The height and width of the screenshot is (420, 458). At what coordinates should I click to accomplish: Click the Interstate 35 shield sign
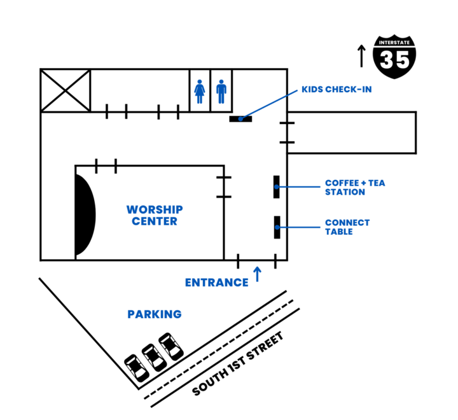click(394, 57)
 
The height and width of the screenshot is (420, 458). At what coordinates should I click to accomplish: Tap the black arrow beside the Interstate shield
click(361, 56)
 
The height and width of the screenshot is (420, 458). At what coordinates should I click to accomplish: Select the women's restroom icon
click(200, 92)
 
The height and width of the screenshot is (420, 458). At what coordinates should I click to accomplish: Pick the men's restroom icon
click(221, 92)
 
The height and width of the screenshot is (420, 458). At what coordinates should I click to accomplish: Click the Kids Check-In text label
click(337, 90)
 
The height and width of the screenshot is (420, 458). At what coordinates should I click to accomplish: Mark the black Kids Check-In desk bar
click(240, 118)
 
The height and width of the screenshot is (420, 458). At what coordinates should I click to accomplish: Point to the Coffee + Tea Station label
click(355, 187)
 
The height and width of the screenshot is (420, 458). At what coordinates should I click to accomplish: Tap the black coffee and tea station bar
click(276, 186)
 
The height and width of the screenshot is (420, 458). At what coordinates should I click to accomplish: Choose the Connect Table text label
click(347, 227)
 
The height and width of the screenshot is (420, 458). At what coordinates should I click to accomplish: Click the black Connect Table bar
click(277, 227)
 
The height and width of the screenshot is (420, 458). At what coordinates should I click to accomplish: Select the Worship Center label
click(155, 215)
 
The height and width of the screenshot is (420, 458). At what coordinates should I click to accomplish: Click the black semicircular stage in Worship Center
click(85, 215)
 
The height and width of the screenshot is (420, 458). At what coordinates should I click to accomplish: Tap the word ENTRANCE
click(217, 283)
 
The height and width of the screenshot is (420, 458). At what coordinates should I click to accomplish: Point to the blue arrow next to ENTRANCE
click(258, 274)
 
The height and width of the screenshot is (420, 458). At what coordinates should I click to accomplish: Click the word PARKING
click(155, 314)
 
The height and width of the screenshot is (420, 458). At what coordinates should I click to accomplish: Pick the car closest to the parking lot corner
click(136, 368)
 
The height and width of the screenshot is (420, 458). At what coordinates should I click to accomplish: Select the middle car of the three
click(154, 358)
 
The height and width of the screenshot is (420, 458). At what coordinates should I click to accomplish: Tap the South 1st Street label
click(238, 363)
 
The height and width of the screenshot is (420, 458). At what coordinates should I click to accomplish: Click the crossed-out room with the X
click(66, 90)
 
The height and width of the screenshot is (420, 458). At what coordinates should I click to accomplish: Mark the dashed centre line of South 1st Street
click(218, 349)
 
